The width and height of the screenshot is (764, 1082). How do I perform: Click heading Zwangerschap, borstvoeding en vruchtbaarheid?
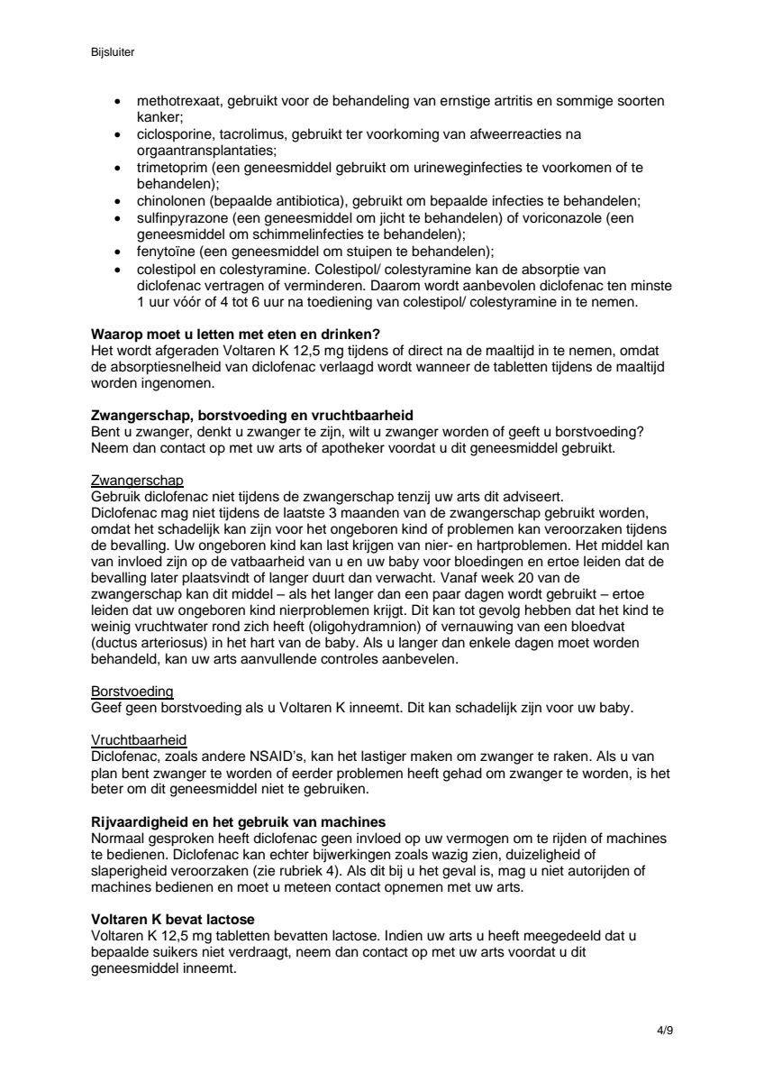pos(252,415)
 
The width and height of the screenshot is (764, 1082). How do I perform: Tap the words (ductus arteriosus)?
pos(150,645)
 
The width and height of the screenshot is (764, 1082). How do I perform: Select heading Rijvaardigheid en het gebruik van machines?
pos(240,821)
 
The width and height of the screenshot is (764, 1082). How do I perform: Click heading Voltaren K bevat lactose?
pos(168,921)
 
